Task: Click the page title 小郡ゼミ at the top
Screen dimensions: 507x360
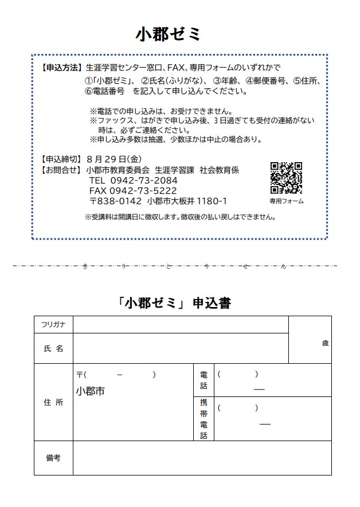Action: [x=169, y=34]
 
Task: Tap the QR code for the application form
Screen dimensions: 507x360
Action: [x=286, y=178]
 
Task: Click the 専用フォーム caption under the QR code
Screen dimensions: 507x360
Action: [x=286, y=202]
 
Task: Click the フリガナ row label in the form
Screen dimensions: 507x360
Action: [x=53, y=324]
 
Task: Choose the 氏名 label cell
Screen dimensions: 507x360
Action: [x=53, y=348]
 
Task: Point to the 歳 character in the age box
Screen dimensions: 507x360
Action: [x=325, y=344]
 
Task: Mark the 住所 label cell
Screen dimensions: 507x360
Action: [x=53, y=402]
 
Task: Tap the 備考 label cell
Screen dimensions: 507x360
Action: [x=53, y=458]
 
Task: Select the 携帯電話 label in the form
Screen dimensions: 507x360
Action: [x=204, y=419]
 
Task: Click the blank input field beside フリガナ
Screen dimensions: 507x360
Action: [x=180, y=324]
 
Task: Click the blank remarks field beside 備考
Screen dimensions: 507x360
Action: [x=202, y=458]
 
